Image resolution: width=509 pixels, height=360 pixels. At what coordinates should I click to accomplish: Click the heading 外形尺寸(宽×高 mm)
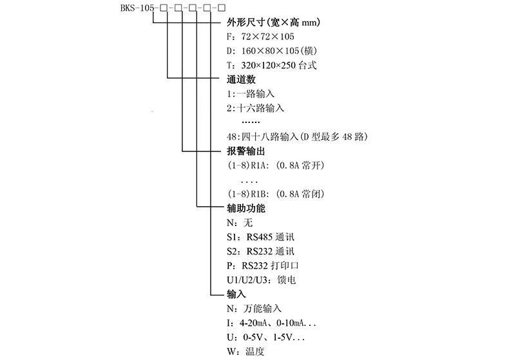point(274,23)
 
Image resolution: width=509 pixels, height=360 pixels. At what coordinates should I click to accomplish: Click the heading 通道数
point(242,80)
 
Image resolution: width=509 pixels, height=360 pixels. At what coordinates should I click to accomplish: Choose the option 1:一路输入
point(251,94)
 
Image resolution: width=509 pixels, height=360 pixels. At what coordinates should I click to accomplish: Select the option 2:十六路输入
point(255,108)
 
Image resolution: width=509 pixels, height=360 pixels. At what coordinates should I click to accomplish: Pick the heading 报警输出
point(246,151)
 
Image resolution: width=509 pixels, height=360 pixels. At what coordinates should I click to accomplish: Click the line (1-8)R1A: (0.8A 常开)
point(274,166)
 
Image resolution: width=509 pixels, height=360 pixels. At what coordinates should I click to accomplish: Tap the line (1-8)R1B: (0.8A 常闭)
point(274,194)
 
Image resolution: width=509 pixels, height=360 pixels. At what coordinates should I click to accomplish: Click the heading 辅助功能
point(246,208)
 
